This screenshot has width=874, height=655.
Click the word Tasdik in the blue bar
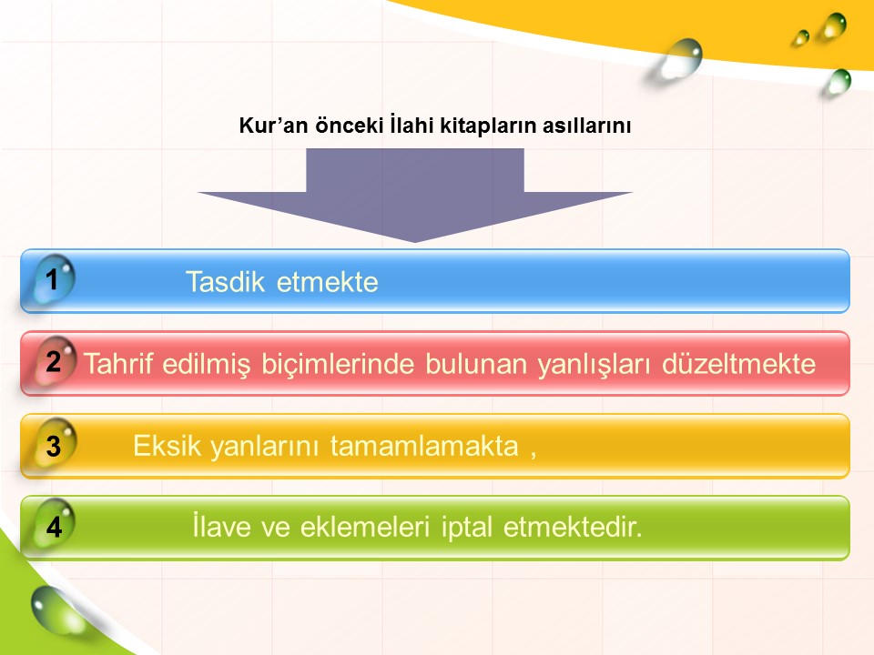225,282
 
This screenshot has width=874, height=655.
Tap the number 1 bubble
54,278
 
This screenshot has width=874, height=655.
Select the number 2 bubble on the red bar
55,361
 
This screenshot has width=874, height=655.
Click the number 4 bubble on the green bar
54,526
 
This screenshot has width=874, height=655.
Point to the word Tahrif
118,364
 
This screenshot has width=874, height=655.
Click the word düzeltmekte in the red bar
738,364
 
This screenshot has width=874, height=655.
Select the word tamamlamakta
424,446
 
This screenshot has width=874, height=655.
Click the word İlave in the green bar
221,526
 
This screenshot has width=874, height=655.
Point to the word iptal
467,527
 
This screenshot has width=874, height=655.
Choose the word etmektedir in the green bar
573,527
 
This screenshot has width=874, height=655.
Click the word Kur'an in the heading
273,126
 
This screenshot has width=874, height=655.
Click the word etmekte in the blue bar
327,282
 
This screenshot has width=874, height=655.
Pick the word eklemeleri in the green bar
365,527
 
